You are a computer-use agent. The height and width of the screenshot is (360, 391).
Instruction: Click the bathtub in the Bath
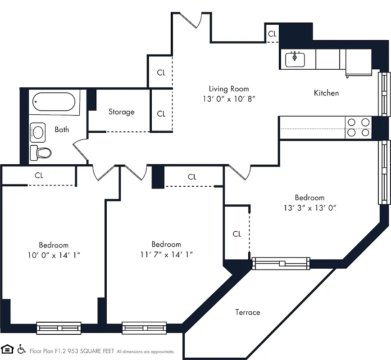tap(55, 103)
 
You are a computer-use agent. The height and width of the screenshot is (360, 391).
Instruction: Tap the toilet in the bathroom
tap(41, 153)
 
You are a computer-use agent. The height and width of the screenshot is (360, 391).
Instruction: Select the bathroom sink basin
tap(38, 132)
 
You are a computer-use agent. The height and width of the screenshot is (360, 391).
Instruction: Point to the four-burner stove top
tap(359, 127)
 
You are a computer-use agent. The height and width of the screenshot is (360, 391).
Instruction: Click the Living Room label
tap(228, 89)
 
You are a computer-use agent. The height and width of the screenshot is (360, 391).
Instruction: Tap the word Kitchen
tap(326, 93)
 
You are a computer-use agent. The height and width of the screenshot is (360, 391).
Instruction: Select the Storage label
tap(121, 112)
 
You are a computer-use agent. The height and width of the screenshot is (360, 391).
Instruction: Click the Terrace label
tap(247, 312)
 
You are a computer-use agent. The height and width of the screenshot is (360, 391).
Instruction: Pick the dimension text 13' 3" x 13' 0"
tap(309, 207)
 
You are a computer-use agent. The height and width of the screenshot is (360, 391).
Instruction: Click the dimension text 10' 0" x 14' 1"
tap(54, 255)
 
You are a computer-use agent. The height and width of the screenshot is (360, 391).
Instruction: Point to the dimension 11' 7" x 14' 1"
tap(166, 254)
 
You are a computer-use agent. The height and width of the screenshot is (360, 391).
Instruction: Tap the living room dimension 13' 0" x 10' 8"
tap(228, 99)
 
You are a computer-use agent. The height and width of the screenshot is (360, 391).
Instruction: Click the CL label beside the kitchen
tap(272, 34)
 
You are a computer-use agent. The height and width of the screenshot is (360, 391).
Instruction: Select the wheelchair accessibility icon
tap(21, 349)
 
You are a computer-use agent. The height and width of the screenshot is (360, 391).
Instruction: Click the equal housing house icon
tap(7, 349)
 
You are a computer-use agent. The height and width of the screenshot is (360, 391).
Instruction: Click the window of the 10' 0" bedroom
tap(59, 328)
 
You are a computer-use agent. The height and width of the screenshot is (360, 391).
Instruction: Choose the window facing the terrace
tap(281, 263)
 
